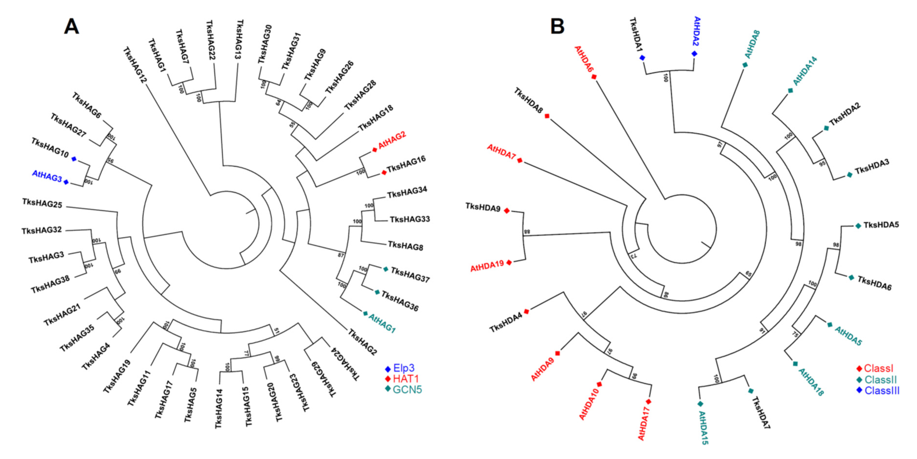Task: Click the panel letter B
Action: pyautogui.click(x=557, y=26)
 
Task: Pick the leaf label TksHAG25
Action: pyautogui.click(x=42, y=203)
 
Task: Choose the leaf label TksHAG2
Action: pyautogui.click(x=362, y=342)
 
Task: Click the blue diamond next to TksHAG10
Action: pyautogui.click(x=74, y=159)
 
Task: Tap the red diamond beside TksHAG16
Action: pyautogui.click(x=384, y=172)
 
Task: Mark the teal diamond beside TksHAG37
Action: pyautogui.click(x=385, y=269)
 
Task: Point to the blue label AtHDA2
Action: pyautogui.click(x=696, y=31)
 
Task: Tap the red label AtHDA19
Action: pyautogui.click(x=487, y=266)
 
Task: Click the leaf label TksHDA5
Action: pyautogui.click(x=881, y=225)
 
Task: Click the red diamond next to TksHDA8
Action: pyautogui.click(x=547, y=116)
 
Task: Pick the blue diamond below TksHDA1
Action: pyautogui.click(x=642, y=58)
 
